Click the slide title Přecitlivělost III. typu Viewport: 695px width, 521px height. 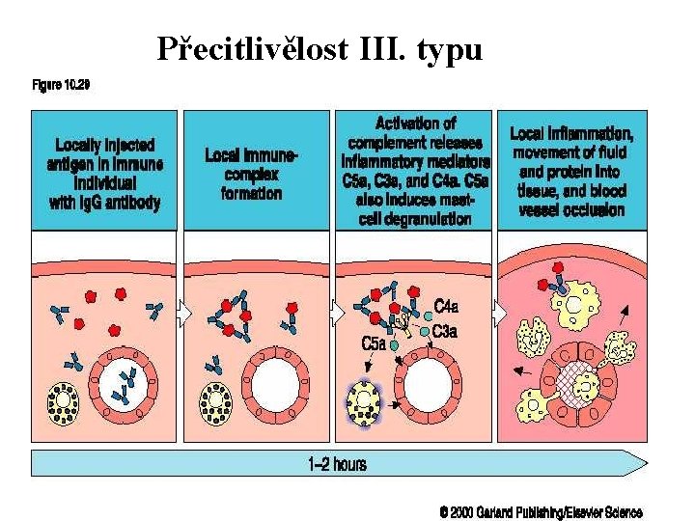coord(320,49)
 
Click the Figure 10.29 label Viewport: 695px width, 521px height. coord(61,84)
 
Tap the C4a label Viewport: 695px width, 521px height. coord(446,306)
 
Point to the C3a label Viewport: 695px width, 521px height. coord(445,331)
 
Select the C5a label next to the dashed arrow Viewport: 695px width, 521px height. coord(375,343)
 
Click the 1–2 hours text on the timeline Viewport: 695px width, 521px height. coord(337,464)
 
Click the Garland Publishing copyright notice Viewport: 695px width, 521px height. coord(542,512)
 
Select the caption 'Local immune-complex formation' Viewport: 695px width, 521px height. coord(251,175)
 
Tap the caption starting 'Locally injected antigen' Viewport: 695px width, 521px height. coord(104,174)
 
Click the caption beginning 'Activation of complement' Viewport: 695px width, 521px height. coord(415,171)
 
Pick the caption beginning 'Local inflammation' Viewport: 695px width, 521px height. coord(571,172)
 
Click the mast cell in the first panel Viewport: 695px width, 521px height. coord(64,403)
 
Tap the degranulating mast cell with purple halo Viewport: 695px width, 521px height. coord(364,402)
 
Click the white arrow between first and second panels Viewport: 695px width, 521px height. coord(185,314)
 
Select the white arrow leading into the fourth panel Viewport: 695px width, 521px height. coord(501,314)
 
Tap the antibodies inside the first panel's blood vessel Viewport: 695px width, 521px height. coord(124,386)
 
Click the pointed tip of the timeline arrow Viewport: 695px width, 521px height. coord(647,463)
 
